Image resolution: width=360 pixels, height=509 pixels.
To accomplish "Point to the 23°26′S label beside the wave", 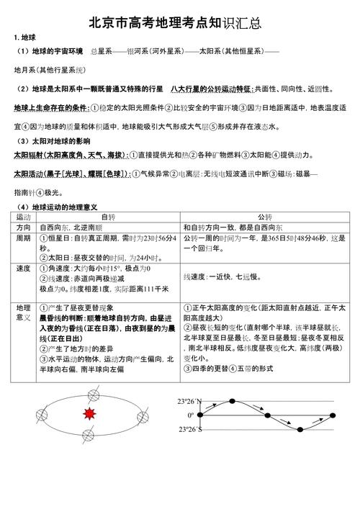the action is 191,430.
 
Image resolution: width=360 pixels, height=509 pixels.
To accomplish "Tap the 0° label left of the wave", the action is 191,415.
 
